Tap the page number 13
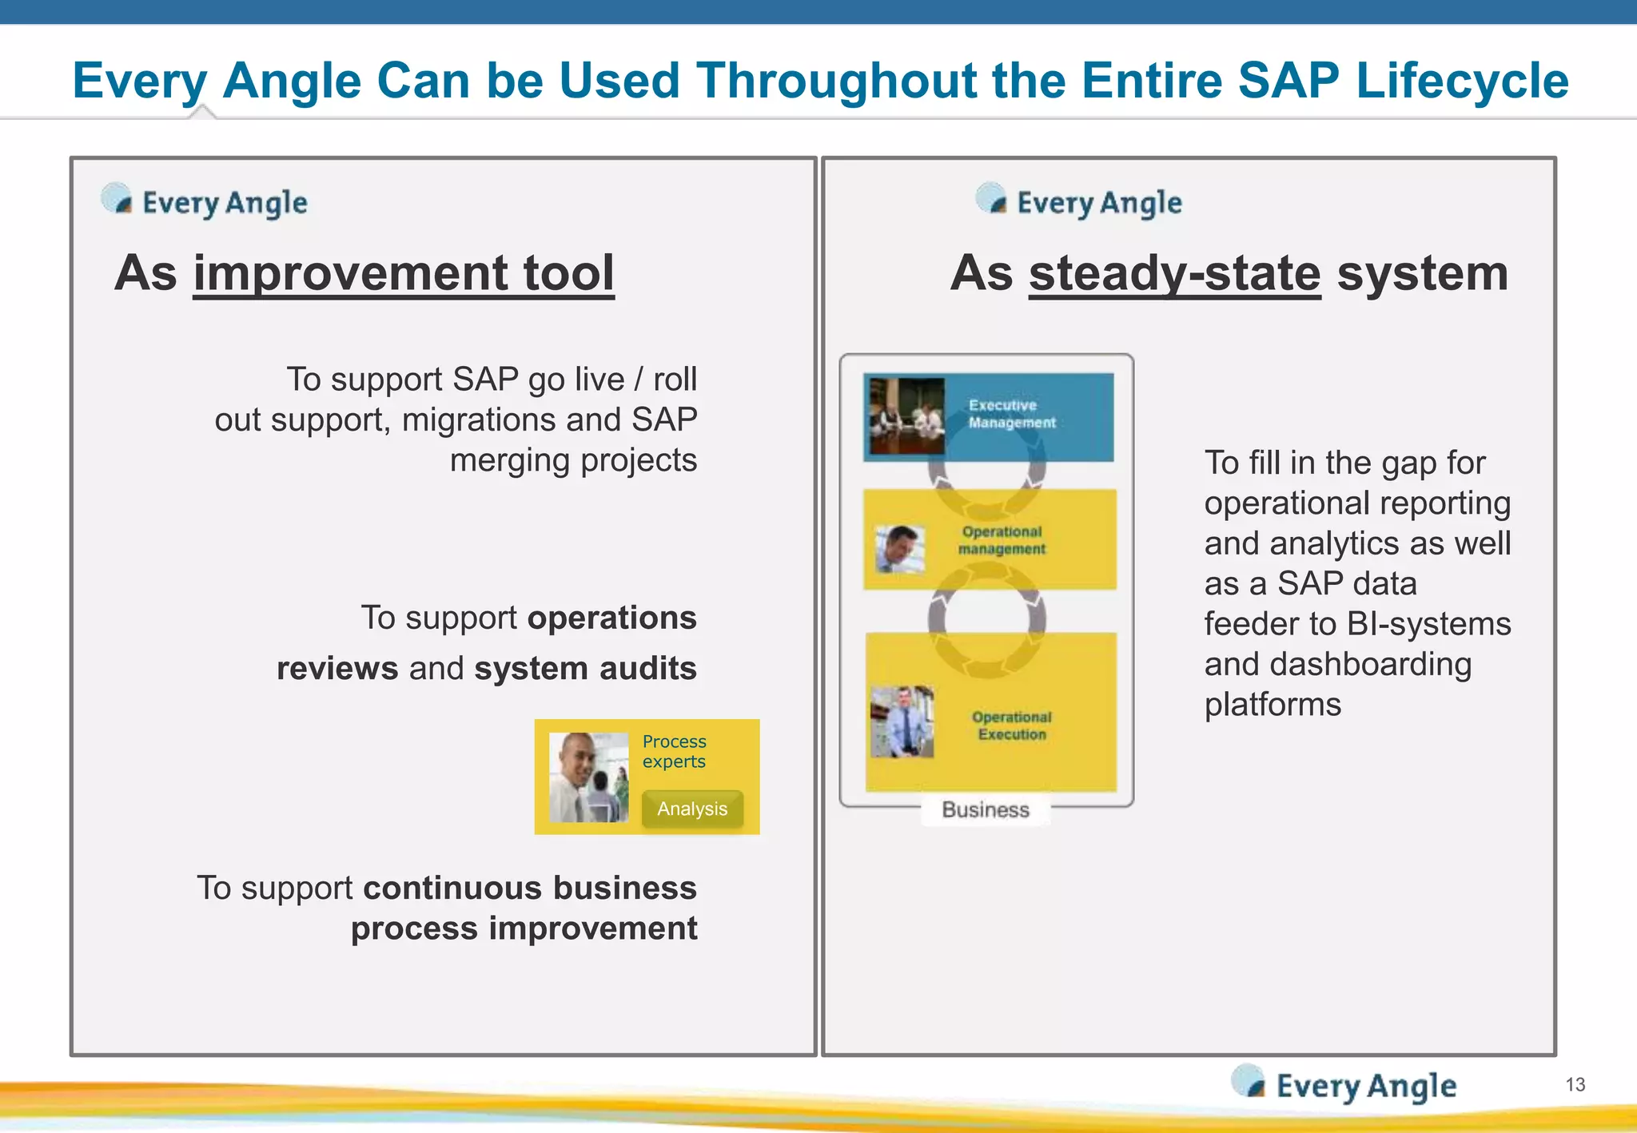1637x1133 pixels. (x=1575, y=1084)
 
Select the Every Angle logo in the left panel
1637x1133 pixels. (x=205, y=201)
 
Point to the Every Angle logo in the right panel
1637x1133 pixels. (x=1079, y=201)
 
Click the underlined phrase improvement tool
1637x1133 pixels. (x=404, y=273)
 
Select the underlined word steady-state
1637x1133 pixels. (x=1174, y=273)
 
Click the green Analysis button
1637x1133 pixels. (x=692, y=809)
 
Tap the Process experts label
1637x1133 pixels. (x=674, y=751)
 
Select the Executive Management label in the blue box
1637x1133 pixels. (x=1011, y=414)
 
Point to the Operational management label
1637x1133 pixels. (x=1002, y=540)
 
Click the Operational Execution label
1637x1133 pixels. (x=1011, y=726)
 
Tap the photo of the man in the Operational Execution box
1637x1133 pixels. (x=902, y=722)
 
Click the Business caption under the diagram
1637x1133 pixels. (x=985, y=809)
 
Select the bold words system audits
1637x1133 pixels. (x=585, y=668)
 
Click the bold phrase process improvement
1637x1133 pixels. (x=524, y=928)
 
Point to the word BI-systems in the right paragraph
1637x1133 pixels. (x=1428, y=624)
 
